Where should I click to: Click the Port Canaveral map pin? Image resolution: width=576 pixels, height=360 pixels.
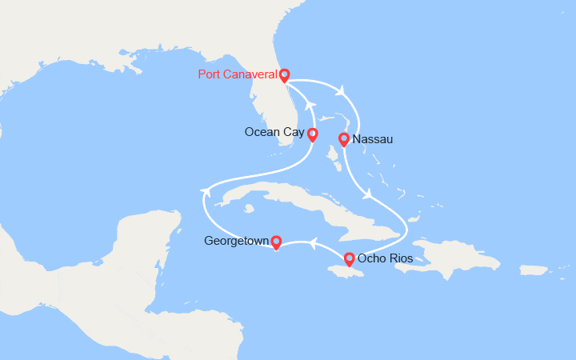[x=284, y=75]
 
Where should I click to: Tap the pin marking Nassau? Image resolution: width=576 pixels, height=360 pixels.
[x=343, y=140]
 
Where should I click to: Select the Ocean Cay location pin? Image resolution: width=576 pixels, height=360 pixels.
[x=312, y=134]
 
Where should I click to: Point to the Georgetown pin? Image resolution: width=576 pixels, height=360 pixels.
[x=276, y=241]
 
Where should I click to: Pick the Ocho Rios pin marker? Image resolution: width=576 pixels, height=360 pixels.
[x=349, y=258]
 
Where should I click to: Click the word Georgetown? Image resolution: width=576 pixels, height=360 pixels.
[x=236, y=241]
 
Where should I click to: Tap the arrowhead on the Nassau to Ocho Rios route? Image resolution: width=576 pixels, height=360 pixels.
[x=367, y=194]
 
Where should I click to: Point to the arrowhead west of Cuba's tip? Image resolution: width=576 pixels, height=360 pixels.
[x=206, y=191]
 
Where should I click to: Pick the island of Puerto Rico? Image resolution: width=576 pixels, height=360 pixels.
[x=534, y=270]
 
